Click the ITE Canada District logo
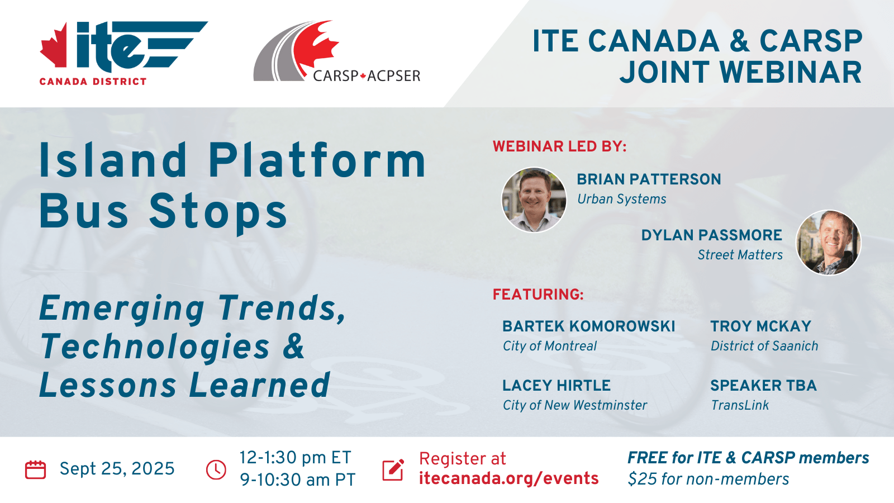pyautogui.click(x=123, y=53)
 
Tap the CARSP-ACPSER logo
pyautogui.click(x=337, y=51)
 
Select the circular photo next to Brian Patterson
pyautogui.click(x=534, y=200)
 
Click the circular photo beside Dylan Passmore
pyautogui.click(x=829, y=243)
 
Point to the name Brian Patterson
pyautogui.click(x=649, y=179)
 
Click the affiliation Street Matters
pyautogui.click(x=740, y=255)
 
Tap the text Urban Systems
pyautogui.click(x=622, y=199)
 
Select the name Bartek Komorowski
pyautogui.click(x=589, y=326)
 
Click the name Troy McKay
pyautogui.click(x=760, y=326)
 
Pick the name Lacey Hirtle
pyautogui.click(x=557, y=385)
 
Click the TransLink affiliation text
pyautogui.click(x=740, y=405)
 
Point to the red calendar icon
pyautogui.click(x=36, y=469)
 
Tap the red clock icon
pyautogui.click(x=216, y=469)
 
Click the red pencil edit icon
pyautogui.click(x=393, y=469)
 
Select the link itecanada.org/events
pyautogui.click(x=509, y=478)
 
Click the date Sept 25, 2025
pyautogui.click(x=117, y=469)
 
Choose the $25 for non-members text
pyautogui.click(x=708, y=479)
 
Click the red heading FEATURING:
pyautogui.click(x=538, y=295)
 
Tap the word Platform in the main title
pyautogui.click(x=317, y=160)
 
